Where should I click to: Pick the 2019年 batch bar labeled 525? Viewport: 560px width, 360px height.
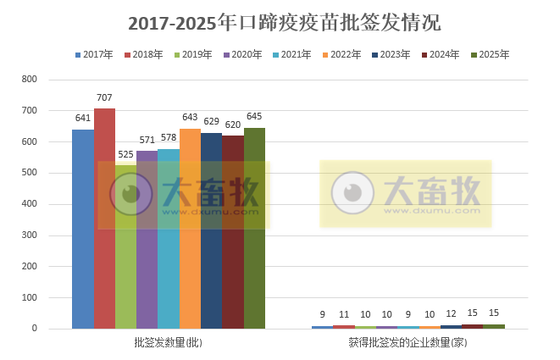coord(125,246)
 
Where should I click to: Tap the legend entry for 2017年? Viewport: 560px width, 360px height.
coord(93,55)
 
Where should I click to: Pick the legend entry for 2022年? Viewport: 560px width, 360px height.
coord(341,55)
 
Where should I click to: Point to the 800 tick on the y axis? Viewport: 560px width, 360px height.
coord(30,80)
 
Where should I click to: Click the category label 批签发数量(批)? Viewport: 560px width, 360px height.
coord(168,343)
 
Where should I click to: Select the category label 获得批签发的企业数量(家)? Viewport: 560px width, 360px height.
coord(408,343)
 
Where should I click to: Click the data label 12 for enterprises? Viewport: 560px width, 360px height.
coord(451,314)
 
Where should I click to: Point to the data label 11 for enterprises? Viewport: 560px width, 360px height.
coord(344,314)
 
